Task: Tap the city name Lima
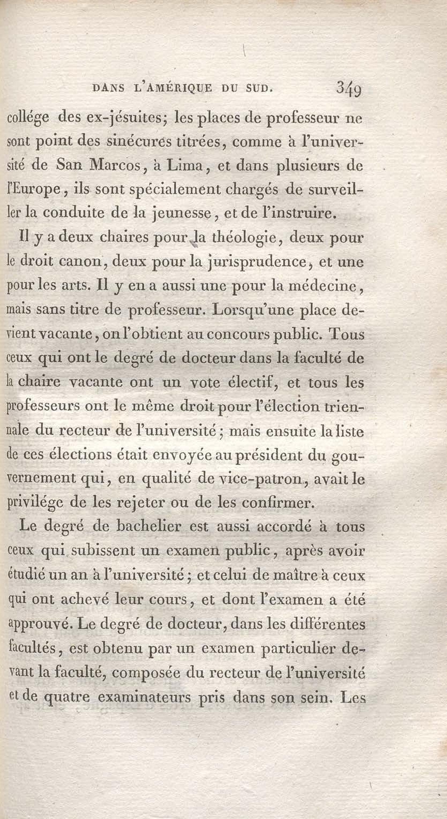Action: [x=185, y=165]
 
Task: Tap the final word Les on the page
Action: [x=353, y=696]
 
